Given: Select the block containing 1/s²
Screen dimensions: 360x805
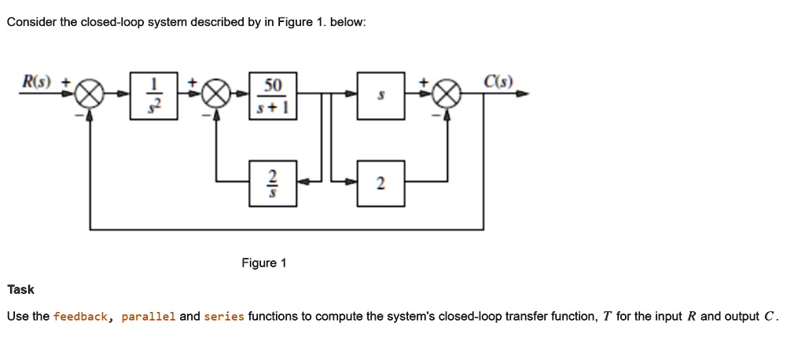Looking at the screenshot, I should point(154,95).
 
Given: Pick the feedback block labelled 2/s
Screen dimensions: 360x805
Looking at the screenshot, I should point(273,183).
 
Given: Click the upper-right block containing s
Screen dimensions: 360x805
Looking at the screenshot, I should point(381,95).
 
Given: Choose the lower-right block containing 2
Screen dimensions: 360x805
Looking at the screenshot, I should point(381,183).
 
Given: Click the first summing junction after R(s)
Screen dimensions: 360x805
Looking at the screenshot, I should point(90,95).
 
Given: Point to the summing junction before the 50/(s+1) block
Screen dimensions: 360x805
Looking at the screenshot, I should point(217,95).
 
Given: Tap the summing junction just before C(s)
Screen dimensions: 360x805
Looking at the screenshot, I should point(447,95).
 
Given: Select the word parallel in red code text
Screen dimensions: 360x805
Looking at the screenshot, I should point(149,317).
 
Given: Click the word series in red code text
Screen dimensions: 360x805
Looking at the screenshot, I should point(224,317).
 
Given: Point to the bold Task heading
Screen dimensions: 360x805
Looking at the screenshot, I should point(20,289).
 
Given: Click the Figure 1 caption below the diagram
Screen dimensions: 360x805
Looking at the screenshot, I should point(263,263).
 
